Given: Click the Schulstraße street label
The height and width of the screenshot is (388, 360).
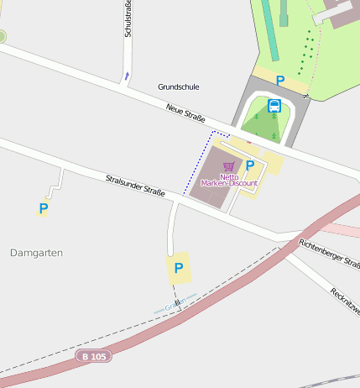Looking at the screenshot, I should (128, 18).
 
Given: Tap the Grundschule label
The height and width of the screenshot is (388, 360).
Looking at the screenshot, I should (179, 87).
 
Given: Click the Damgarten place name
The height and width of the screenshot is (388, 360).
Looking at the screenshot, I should (37, 252).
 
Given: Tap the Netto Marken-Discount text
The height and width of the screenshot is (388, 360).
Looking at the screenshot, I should (229, 180).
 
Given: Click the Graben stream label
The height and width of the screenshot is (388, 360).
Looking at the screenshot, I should (175, 307).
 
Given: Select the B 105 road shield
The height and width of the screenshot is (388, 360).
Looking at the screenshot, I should (93, 356).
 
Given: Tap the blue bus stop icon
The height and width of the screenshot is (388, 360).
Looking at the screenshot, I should (274, 106).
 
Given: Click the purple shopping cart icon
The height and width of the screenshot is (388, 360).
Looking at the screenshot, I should (229, 167).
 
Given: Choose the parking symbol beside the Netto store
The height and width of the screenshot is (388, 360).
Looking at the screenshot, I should (249, 165).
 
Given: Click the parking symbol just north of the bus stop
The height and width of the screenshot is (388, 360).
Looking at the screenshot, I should (280, 81).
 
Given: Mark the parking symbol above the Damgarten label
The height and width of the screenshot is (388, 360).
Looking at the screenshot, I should (44, 207).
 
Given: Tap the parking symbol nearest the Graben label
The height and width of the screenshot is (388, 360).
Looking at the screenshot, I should (178, 269).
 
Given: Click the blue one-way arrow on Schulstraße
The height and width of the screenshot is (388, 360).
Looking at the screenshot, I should (127, 76).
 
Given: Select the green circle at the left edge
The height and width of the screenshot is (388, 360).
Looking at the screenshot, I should (2, 36).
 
